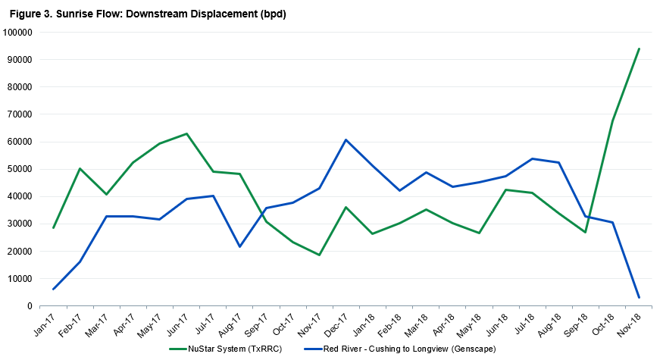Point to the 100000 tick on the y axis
click(18, 33)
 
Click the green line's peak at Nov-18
click(639, 49)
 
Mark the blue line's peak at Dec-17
click(346, 140)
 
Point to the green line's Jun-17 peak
click(186, 134)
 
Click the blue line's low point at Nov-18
click(639, 297)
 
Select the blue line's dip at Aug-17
click(239, 246)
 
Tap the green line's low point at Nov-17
click(319, 255)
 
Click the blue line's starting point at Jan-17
click(53, 289)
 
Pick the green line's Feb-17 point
click(80, 169)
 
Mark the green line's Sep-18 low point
click(585, 232)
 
